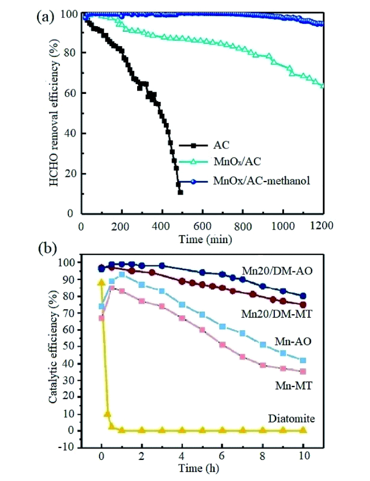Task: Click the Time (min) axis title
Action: click(203, 237)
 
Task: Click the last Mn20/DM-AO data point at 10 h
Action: click(303, 296)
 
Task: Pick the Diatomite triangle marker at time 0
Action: click(102, 282)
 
